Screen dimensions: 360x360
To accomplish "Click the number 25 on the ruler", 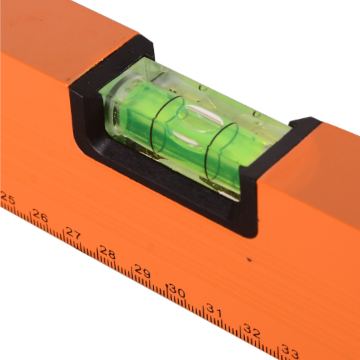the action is click(8, 197).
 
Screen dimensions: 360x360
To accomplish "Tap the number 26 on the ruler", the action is click(40, 216).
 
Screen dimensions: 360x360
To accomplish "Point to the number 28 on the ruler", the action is click(107, 252).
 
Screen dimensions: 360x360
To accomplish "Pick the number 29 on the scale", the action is click(142, 271).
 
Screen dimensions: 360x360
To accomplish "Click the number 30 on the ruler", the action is click(176, 291).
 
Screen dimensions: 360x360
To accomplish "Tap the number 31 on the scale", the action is click(214, 310).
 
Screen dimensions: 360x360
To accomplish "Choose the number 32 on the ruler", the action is click(252, 331).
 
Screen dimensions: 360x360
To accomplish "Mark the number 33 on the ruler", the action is click(290, 351).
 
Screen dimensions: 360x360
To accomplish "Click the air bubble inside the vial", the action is click(198, 119).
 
